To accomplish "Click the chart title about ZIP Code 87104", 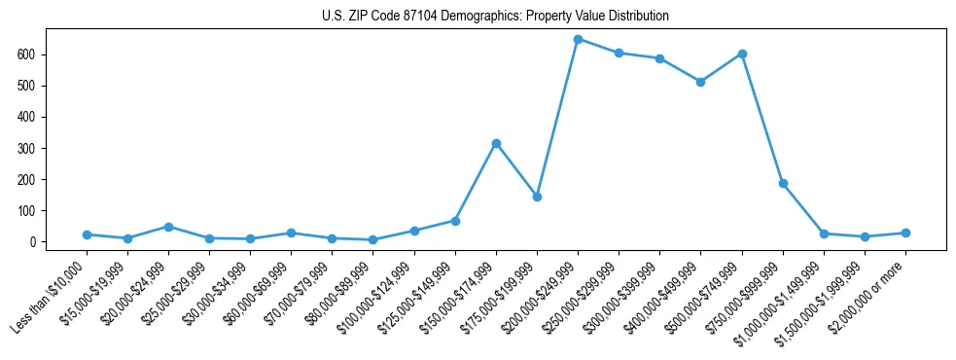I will pos(495,17).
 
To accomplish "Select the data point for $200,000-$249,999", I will pos(578,40).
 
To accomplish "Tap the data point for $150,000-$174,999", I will pos(496,143).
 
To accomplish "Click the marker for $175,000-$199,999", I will pos(537,197).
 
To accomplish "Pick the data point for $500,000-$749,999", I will pos(742,54).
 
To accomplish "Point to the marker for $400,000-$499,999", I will pos(700,82).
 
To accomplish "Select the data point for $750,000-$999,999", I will pos(783,183).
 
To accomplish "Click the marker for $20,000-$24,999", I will pos(168,227).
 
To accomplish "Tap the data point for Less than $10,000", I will pos(87,234).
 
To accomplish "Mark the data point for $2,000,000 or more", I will pos(905,233).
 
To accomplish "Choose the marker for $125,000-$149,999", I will pos(455,221).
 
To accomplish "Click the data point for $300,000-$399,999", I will pos(659,58).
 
